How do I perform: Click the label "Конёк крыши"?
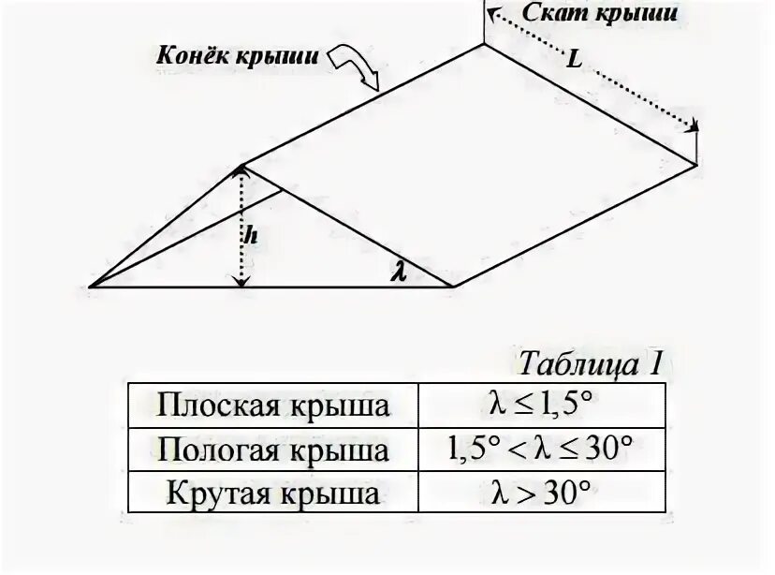pyautogui.click(x=239, y=54)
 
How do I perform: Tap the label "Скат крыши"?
pyautogui.click(x=599, y=14)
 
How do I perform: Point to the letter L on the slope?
pyautogui.click(x=574, y=60)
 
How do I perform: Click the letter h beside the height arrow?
pyautogui.click(x=251, y=235)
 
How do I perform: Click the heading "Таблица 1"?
pyautogui.click(x=589, y=363)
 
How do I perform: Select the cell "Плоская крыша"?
pyautogui.click(x=272, y=405)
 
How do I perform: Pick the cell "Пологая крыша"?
pyautogui.click(x=272, y=450)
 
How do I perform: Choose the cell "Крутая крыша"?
pyautogui.click(x=272, y=493)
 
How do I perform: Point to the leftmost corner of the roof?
pyautogui.click(x=91, y=287)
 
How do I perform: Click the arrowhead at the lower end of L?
pyautogui.click(x=695, y=128)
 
